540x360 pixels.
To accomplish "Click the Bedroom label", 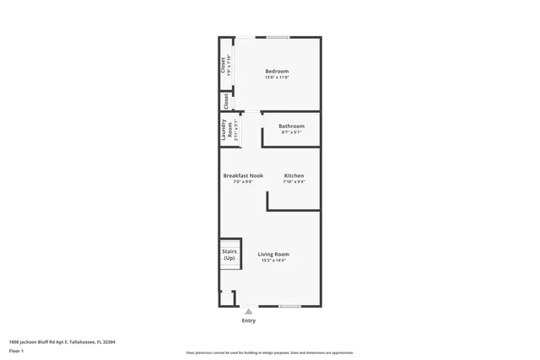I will pyautogui.click(x=277, y=71).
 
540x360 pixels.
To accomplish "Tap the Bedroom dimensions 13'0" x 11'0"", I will pyautogui.click(x=277, y=78).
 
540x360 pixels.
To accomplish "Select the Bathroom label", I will pyautogui.click(x=291, y=126).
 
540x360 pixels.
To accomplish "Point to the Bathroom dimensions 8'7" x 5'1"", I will pyautogui.click(x=291, y=132).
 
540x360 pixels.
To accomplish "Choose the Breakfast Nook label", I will pyautogui.click(x=243, y=175).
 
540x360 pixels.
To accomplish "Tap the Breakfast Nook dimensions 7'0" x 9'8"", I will pyautogui.click(x=243, y=182).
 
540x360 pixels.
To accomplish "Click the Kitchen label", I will pyautogui.click(x=294, y=175).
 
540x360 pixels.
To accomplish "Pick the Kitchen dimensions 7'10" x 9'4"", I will pyautogui.click(x=294, y=182).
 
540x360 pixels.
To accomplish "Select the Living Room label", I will pyautogui.click(x=273, y=254).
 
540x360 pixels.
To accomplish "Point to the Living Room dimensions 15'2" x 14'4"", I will pyautogui.click(x=273, y=261).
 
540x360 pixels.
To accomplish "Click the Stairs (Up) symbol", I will pyautogui.click(x=229, y=254).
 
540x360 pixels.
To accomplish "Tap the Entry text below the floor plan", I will pyautogui.click(x=248, y=320).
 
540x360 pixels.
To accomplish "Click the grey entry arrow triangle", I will pyautogui.click(x=248, y=311).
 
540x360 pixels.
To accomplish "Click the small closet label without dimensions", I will pyautogui.click(x=226, y=102).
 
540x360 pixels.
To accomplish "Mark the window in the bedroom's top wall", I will pyautogui.click(x=278, y=37).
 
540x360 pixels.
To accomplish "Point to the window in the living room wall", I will pyautogui.click(x=289, y=306).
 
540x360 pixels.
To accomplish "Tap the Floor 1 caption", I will pyautogui.click(x=16, y=350).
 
